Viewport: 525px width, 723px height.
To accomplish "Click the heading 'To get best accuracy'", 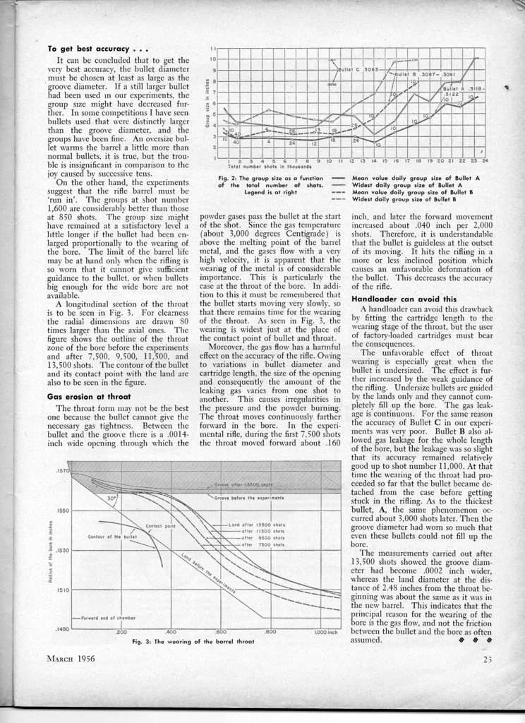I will click(x=96, y=49).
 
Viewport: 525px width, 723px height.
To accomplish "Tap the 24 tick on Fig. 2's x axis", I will click(x=485, y=162).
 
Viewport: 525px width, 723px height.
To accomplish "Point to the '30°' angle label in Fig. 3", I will click(x=111, y=498).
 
